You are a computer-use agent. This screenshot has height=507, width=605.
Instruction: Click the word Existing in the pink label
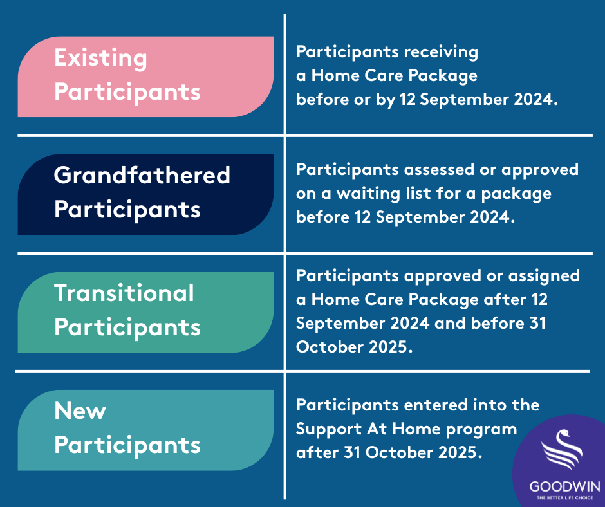pos(100,59)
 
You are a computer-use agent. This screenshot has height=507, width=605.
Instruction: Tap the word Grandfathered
pos(142,175)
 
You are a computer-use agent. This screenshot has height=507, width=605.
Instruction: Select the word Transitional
pos(124,293)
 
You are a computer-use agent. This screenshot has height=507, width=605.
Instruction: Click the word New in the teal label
pos(80,410)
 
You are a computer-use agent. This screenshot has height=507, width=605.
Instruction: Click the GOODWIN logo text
pos(565,486)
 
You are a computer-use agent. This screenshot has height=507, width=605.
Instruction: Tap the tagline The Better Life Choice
pos(565,498)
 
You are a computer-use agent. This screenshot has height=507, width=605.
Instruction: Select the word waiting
pos(369,194)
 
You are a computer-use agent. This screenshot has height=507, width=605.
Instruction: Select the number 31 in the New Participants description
pos(351,452)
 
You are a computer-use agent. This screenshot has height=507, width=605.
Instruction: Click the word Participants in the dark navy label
pos(127,210)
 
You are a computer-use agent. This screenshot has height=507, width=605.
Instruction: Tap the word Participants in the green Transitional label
pos(127,328)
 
